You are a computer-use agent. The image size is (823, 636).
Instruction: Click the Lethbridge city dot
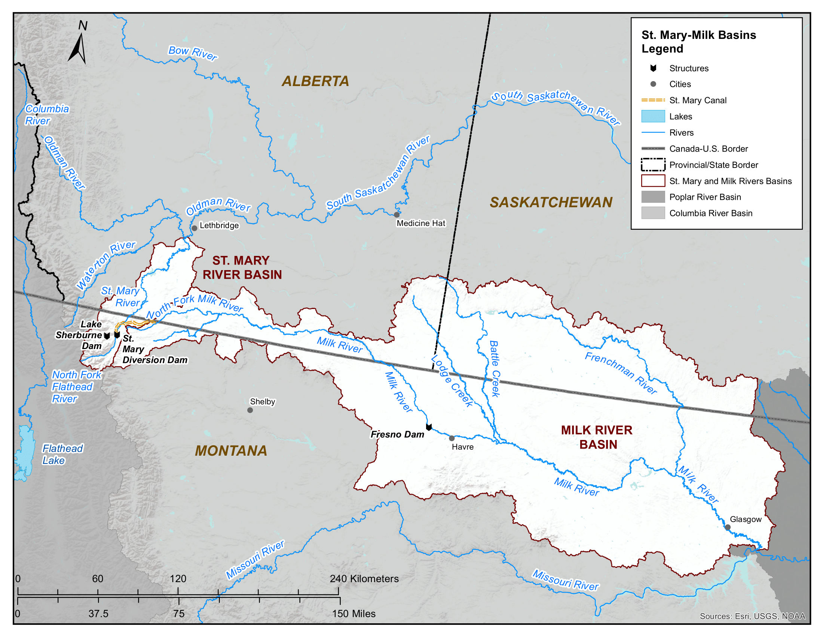(195, 228)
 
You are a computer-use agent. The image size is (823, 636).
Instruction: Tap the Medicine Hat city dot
(397, 215)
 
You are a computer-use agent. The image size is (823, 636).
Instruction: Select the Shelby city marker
(250, 410)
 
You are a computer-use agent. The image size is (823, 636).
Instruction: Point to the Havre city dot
(452, 438)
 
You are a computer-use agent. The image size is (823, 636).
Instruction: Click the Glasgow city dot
(728, 528)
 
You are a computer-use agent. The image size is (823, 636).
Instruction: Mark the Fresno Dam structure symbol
(429, 427)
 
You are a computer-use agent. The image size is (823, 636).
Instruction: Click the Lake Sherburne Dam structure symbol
(107, 336)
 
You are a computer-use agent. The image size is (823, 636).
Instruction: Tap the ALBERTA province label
(315, 82)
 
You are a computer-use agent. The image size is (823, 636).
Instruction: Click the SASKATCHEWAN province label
(551, 203)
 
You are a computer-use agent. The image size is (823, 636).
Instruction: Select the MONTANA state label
(231, 451)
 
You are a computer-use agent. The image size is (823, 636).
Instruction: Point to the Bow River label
(193, 53)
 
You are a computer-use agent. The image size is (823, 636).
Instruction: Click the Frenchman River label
(621, 373)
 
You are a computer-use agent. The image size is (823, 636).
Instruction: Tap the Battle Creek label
(495, 369)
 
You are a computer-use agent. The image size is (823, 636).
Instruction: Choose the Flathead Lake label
(62, 455)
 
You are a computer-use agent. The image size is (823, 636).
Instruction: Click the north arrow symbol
(78, 48)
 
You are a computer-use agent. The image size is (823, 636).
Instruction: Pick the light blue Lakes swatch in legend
(653, 116)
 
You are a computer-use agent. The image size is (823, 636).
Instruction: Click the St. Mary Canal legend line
(653, 100)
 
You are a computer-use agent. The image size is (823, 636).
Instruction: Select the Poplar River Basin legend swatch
(653, 197)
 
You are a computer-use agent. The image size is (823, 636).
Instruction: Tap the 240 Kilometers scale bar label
(364, 579)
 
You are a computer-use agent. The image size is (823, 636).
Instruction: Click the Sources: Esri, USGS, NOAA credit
(752, 616)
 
